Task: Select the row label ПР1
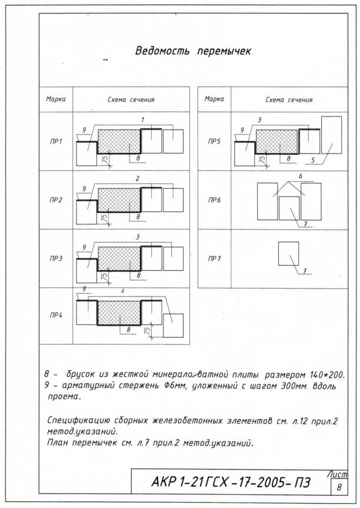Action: point(56,142)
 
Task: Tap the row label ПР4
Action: point(56,316)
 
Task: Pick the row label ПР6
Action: point(214,200)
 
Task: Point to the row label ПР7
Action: point(214,258)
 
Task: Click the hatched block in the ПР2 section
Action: point(119,200)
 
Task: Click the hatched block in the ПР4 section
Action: point(119,313)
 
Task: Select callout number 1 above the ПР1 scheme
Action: point(142,120)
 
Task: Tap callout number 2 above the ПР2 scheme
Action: point(138,178)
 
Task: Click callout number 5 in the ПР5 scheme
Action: point(313,160)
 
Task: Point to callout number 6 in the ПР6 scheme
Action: point(301,176)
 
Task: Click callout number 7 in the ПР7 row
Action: point(305,271)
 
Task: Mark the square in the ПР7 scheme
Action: point(288,254)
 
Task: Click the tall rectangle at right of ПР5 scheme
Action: point(332,135)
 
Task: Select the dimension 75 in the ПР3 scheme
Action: point(105,276)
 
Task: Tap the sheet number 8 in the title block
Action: point(339,487)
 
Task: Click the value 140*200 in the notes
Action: point(327,375)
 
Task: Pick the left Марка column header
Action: point(56,99)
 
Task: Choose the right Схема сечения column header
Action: point(289,100)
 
